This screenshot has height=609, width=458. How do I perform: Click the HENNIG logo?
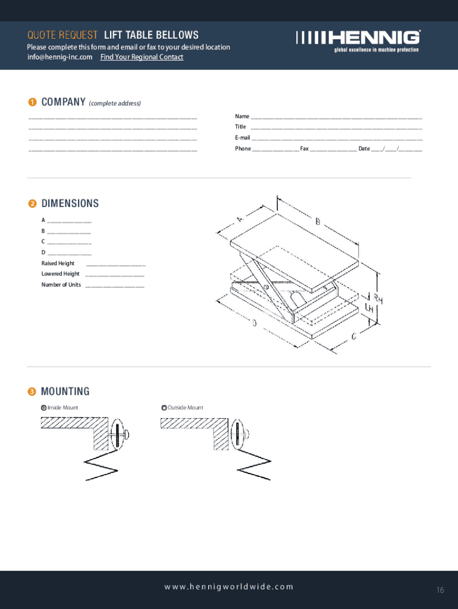[357, 40]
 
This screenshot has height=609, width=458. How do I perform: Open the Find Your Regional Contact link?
[142, 57]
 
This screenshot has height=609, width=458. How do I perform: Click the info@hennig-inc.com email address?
[59, 57]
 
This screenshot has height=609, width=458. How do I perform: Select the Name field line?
[337, 118]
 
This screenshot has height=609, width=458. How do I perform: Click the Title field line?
[337, 128]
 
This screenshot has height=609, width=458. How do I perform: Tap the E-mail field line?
[337, 139]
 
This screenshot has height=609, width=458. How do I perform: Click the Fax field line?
[333, 150]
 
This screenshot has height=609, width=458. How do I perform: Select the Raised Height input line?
[115, 265]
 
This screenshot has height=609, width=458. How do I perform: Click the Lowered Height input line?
[115, 275]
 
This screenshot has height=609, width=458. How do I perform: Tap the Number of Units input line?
[115, 286]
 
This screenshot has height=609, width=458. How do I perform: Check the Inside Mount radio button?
[43, 408]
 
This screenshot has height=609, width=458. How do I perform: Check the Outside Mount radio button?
[164, 408]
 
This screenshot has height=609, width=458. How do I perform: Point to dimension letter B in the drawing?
[318, 222]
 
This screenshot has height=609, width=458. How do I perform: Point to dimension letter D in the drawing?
[254, 323]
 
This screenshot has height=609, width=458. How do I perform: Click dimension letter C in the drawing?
[354, 337]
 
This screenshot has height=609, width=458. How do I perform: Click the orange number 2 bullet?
[32, 204]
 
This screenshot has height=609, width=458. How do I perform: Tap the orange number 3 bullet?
[32, 391]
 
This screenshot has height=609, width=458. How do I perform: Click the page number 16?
[440, 590]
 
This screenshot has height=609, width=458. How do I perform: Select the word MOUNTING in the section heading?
[65, 391]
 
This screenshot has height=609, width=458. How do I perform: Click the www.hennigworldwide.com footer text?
[229, 586]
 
